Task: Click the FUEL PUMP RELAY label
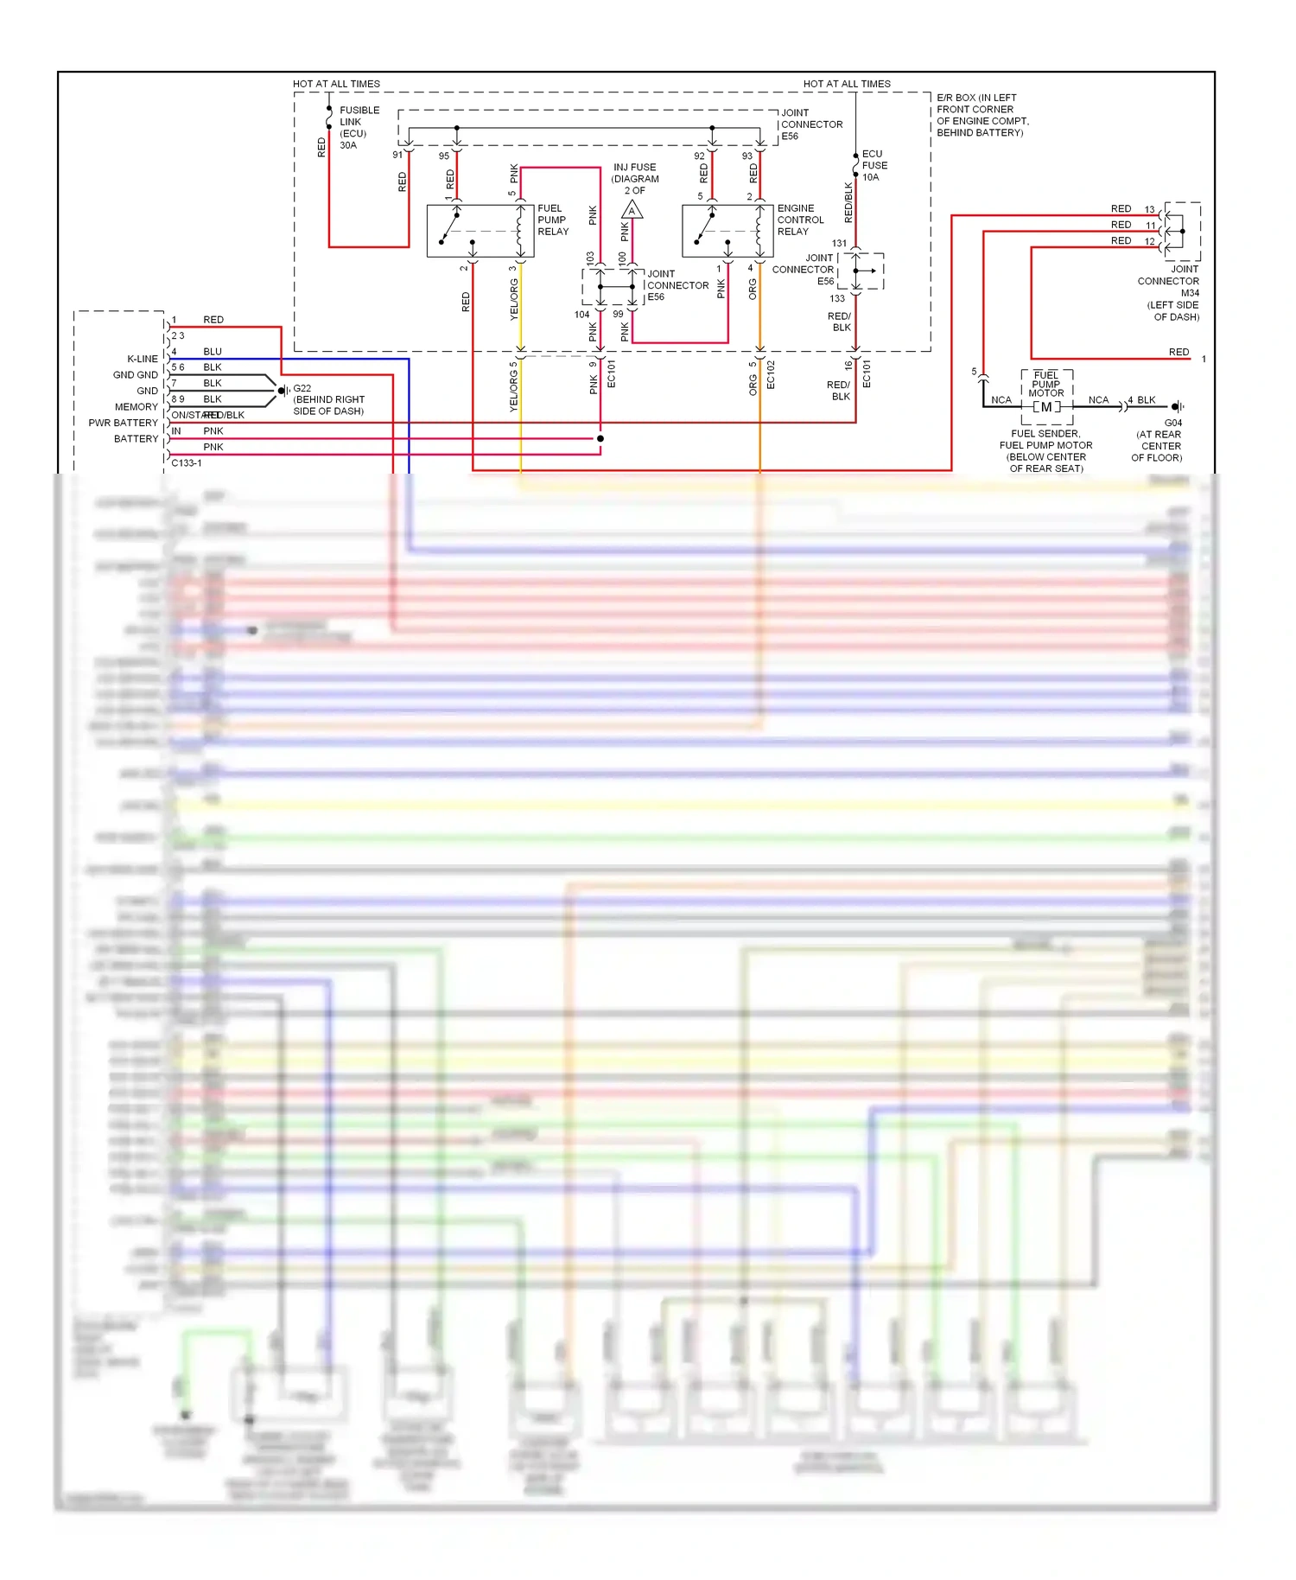(553, 220)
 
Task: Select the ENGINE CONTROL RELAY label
(800, 220)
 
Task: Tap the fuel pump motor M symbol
(1046, 407)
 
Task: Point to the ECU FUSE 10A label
(874, 166)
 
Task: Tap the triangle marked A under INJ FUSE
(632, 211)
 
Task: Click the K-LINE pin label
(143, 359)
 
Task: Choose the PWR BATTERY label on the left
(123, 423)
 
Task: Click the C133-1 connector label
(187, 463)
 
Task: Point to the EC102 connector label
(771, 375)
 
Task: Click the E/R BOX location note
(982, 115)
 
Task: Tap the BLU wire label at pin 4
(213, 352)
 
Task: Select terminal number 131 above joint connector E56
(839, 244)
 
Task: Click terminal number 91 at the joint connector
(397, 156)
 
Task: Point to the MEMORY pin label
(137, 407)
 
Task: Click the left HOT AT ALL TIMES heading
(336, 84)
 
